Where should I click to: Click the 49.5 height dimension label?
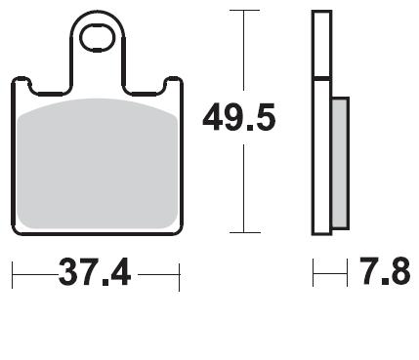coord(239,117)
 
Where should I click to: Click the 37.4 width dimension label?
coord(95,272)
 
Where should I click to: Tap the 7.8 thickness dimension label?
coord(385,271)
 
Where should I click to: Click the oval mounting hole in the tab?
coord(98,39)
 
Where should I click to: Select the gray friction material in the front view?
coord(98,164)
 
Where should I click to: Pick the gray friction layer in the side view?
coord(341,163)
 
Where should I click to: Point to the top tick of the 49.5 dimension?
coord(244,11)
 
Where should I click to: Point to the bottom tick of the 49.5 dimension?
coord(245,232)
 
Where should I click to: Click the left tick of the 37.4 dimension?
coord(12,275)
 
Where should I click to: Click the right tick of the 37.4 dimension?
coord(180,277)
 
